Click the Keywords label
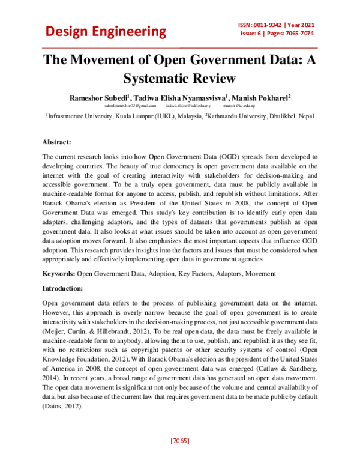pos(58,274)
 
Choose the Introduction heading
pos(64,288)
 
